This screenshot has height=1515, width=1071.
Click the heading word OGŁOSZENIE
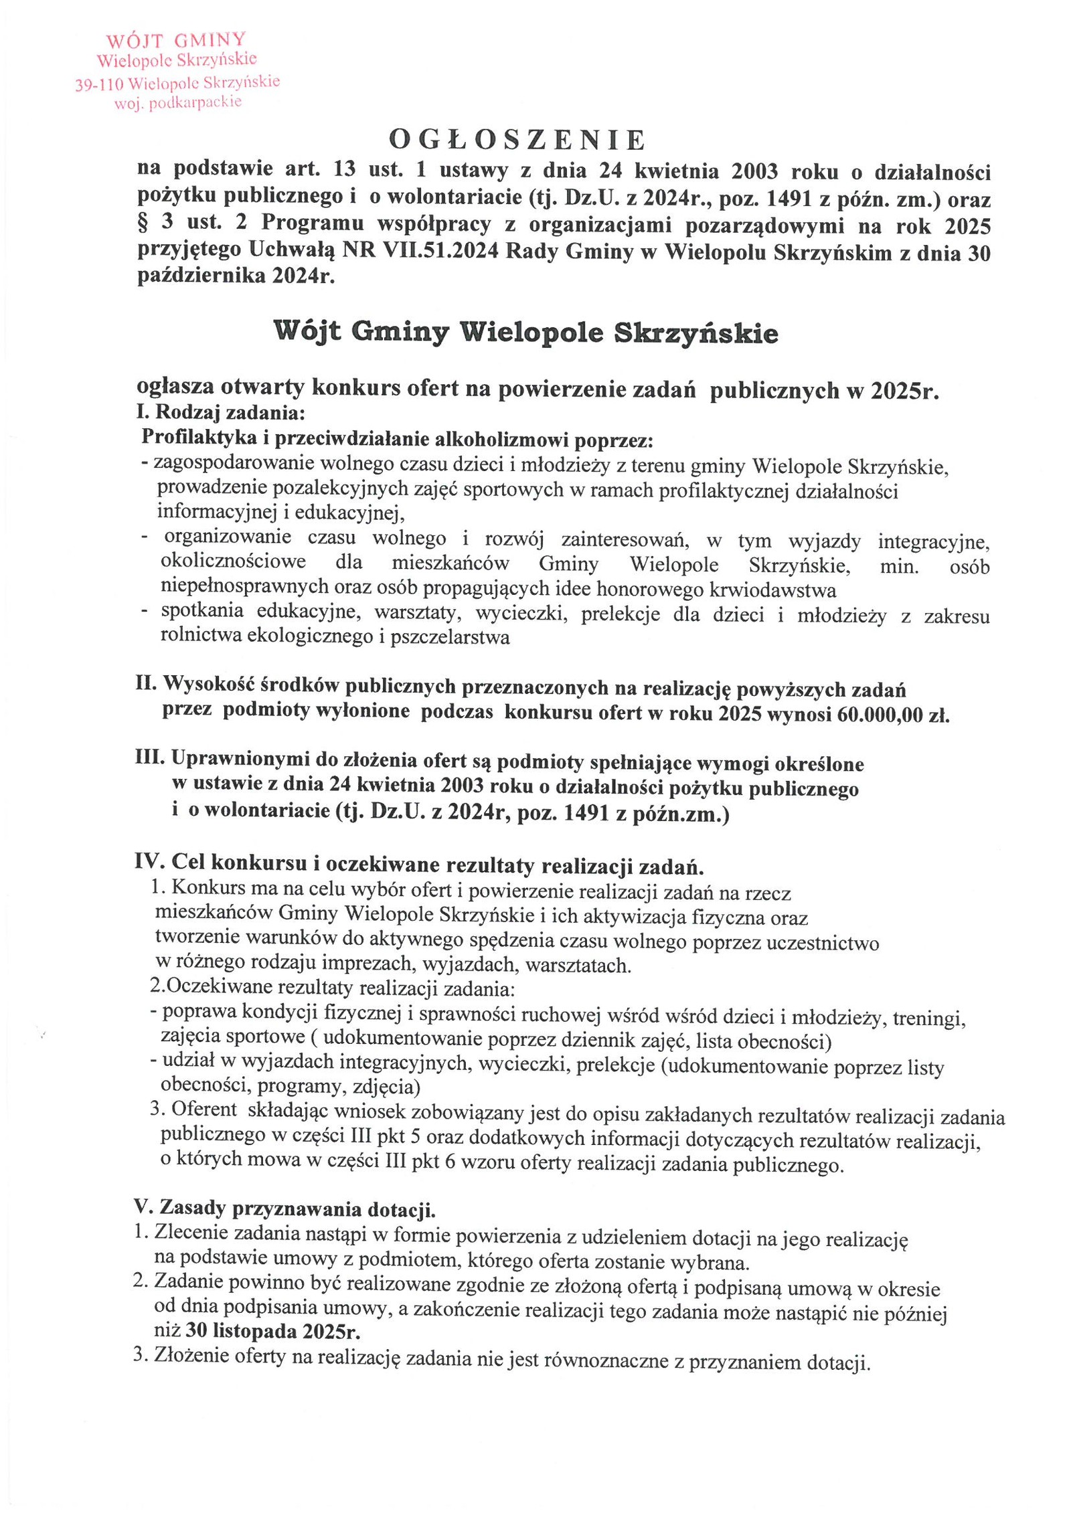click(x=517, y=140)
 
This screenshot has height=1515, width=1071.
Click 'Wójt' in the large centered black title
click(x=307, y=332)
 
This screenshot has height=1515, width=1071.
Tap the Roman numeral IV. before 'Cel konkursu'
click(x=149, y=863)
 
